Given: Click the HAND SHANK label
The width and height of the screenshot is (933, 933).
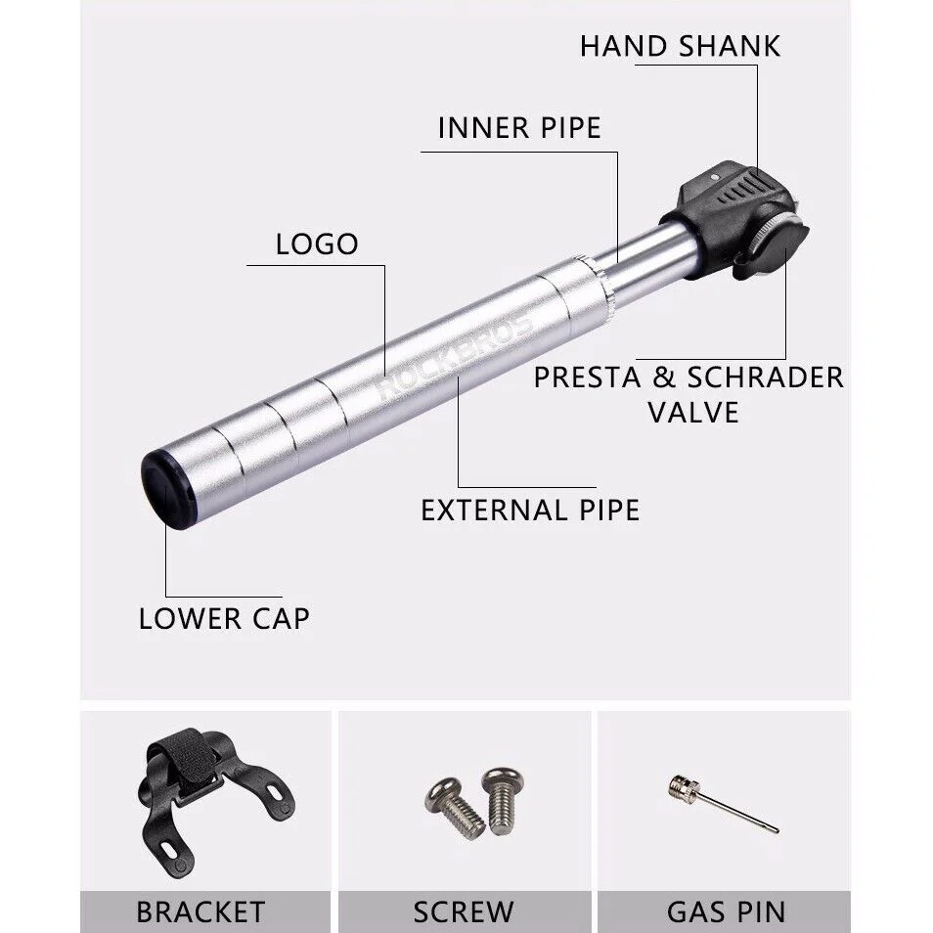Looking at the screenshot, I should (680, 46).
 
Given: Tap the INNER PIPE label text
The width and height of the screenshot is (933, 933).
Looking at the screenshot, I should (518, 128).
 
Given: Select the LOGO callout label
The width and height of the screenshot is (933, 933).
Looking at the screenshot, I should (317, 244).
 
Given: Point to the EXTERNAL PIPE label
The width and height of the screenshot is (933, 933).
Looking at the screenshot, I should (530, 510).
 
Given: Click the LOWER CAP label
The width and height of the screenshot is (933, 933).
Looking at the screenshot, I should (224, 618).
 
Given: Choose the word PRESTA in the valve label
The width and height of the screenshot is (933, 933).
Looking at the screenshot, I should (593, 378).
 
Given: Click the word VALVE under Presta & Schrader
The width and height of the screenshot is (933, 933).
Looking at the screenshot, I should (692, 412).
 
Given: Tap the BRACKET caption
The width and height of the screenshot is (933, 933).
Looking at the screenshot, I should (200, 911).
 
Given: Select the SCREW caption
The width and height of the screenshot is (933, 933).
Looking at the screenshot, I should (463, 911).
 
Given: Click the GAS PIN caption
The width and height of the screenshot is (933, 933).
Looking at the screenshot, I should (726, 911).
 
